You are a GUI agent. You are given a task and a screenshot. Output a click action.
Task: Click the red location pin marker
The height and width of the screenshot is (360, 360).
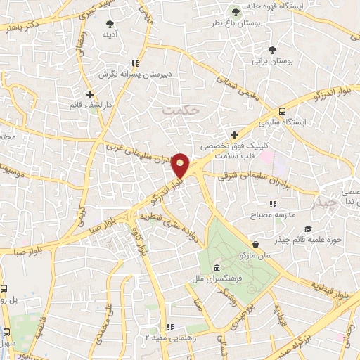[x=181, y=165]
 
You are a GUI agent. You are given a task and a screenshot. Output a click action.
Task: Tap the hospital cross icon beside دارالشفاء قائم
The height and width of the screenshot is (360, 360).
[x=90, y=94]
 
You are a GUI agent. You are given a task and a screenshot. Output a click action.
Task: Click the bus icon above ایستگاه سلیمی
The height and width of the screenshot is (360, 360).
[x=282, y=110]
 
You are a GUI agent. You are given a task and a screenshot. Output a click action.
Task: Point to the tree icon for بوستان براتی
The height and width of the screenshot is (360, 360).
[x=272, y=49]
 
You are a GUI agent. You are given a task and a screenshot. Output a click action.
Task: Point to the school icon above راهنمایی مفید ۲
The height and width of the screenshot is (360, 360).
[x=169, y=327]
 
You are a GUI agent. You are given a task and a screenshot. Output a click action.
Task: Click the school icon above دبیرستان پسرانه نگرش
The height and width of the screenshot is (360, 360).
[x=135, y=63]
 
